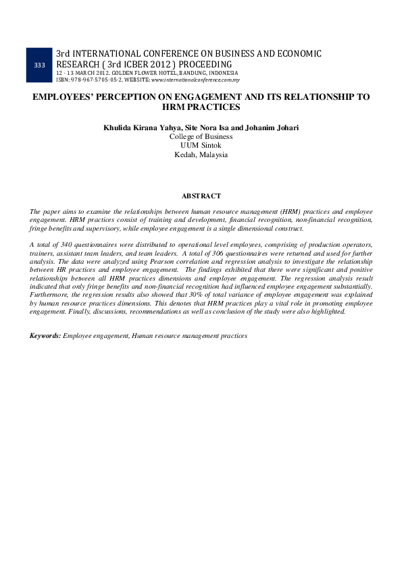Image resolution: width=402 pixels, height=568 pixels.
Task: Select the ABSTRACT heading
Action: point(201,196)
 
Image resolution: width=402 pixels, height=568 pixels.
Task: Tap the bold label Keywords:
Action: point(45,335)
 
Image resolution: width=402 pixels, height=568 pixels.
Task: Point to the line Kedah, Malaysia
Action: point(201,154)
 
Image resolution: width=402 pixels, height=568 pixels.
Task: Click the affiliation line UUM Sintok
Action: point(201,145)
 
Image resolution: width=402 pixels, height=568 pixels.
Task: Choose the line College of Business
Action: point(201,136)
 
